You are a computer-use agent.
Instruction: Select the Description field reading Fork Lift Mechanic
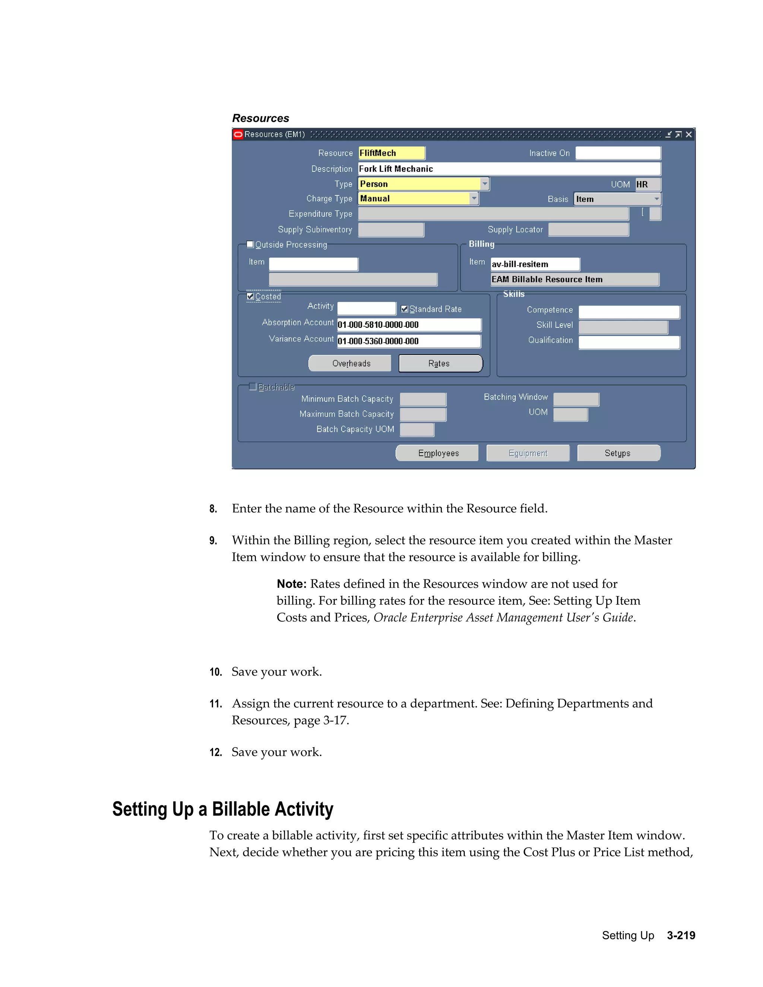click(x=509, y=169)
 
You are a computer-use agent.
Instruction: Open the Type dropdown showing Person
click(x=485, y=184)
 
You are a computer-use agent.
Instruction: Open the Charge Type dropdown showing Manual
click(x=474, y=199)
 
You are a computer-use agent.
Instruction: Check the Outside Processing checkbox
click(x=250, y=244)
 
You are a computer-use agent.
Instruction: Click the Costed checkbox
click(x=250, y=296)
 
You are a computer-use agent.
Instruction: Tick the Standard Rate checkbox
click(x=405, y=309)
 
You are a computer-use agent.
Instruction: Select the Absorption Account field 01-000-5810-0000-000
click(x=409, y=325)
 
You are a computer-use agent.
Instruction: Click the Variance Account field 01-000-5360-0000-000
click(x=409, y=341)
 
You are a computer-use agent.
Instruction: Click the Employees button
click(x=437, y=453)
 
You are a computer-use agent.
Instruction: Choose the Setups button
click(x=618, y=453)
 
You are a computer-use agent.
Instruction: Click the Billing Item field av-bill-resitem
click(x=535, y=264)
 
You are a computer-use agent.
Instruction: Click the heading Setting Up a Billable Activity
click(x=223, y=809)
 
